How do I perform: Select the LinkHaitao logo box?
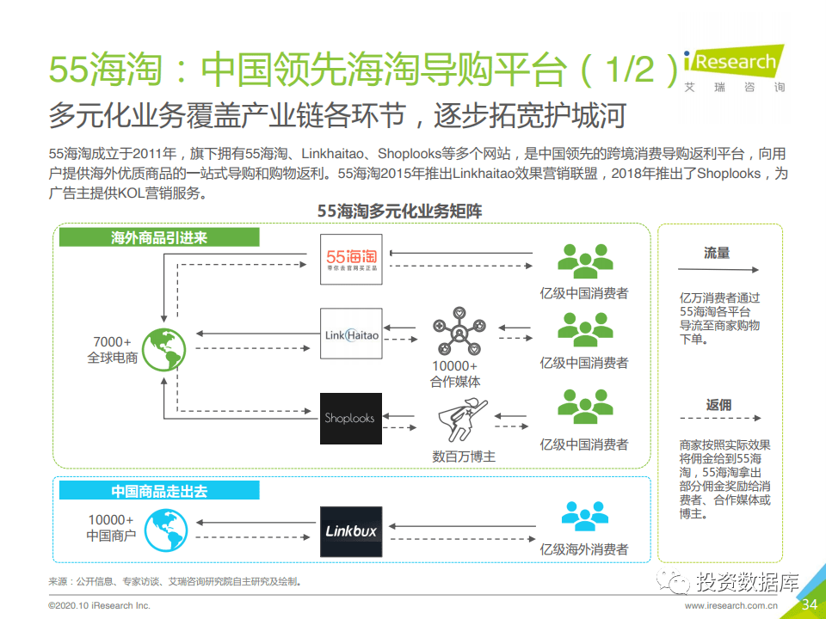coord(351,334)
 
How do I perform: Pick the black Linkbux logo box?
coord(351,531)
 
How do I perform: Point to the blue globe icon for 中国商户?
coord(166,530)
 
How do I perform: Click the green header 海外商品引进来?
coord(159,238)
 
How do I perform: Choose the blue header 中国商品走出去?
coord(159,491)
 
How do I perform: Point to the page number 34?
coord(809,605)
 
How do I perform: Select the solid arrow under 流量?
coord(718,270)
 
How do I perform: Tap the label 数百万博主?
coord(464,457)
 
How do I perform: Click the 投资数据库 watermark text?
coord(747,583)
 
